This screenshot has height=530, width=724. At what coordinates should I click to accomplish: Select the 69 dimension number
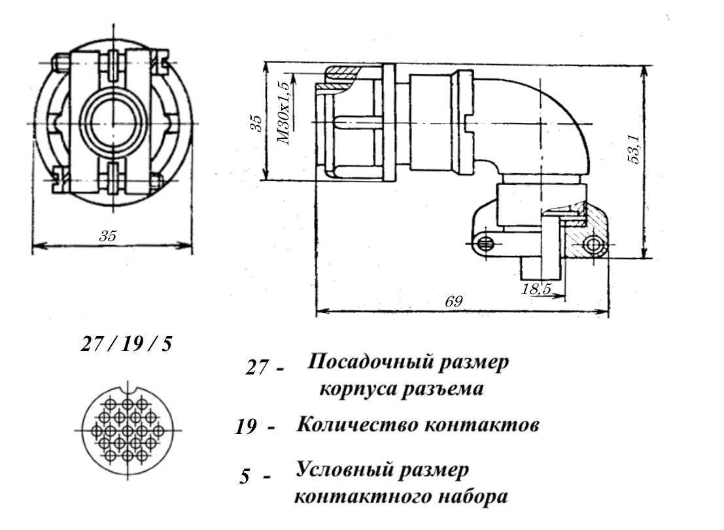[x=453, y=301]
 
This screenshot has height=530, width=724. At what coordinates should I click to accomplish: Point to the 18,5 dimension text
[x=536, y=290]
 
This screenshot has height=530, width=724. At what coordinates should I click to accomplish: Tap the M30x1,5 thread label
[x=285, y=112]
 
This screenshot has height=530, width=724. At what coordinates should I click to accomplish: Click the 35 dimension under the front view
[x=107, y=236]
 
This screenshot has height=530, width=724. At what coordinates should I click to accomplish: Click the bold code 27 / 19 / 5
[x=126, y=344]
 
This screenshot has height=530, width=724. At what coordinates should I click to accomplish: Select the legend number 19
[x=246, y=427]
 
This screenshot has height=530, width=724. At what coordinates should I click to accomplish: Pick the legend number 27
[x=256, y=368]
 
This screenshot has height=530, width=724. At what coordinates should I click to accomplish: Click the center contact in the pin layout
[x=128, y=431]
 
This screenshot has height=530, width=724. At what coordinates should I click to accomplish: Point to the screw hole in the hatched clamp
[x=593, y=245]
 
